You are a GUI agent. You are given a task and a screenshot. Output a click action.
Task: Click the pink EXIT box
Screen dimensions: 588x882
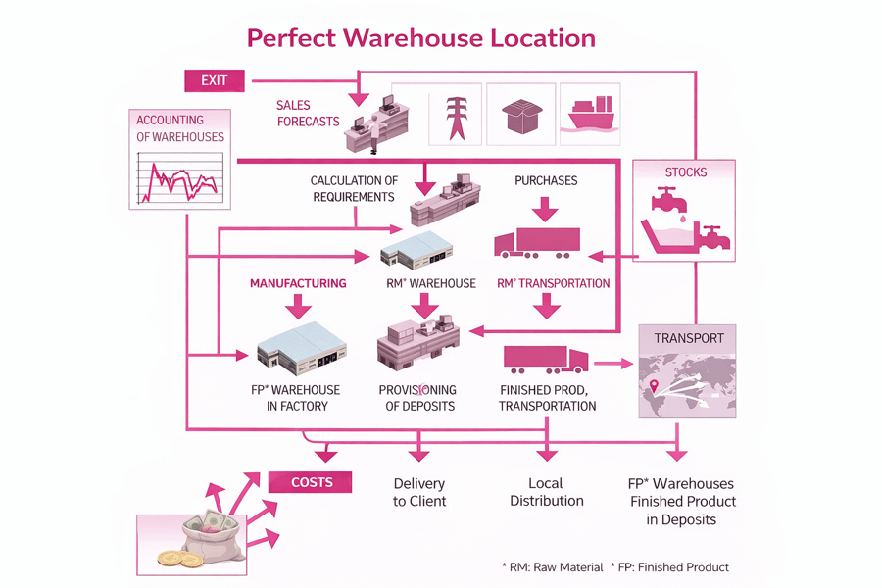point(214,80)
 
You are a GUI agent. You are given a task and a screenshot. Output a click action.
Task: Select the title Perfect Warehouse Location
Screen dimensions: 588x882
point(420,38)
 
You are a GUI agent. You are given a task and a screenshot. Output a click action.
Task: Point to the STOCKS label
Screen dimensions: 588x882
point(685,172)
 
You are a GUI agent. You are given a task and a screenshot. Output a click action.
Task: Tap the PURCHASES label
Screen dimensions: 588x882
point(546,180)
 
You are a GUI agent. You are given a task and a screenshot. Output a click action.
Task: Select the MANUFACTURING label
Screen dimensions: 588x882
point(298,283)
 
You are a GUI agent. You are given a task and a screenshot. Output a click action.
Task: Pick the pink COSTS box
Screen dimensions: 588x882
point(312,482)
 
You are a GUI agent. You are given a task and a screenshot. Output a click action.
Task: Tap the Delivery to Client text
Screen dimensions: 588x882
point(419,492)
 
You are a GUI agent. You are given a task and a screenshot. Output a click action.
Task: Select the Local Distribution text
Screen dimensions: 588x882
point(546,492)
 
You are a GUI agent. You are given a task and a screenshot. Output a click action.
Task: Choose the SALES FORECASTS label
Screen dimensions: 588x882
point(308,114)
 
